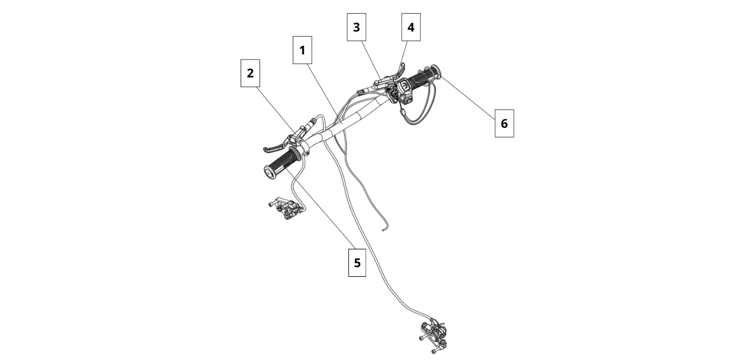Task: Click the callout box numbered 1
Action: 302,50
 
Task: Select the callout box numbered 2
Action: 250,73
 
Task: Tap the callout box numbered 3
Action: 356,27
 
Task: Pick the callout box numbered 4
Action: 410,27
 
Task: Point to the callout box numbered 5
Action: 357,263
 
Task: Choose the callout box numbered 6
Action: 504,123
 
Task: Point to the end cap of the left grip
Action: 269,172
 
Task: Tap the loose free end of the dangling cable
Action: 383,230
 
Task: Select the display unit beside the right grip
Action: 404,88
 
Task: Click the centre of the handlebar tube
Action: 344,123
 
